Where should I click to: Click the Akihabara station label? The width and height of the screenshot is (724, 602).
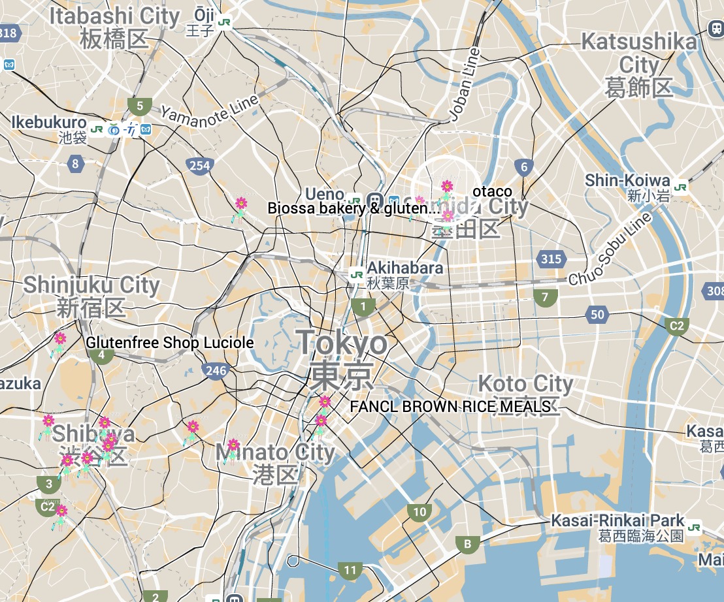coord(404,268)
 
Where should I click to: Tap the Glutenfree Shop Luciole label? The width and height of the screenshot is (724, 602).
coord(170,343)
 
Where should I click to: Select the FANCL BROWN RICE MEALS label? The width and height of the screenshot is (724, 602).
coord(450,407)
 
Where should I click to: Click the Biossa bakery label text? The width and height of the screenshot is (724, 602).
coord(354,209)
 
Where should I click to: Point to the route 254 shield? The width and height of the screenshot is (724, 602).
coord(199,166)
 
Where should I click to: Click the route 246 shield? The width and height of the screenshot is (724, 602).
coord(216,371)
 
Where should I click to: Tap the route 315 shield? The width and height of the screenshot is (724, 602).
coord(551,259)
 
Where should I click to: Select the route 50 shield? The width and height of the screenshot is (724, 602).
coord(597,315)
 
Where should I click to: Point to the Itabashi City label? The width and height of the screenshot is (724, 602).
coord(114,17)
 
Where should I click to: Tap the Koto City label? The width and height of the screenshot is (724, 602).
coord(525,383)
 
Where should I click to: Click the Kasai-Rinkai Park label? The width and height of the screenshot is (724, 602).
coord(617,521)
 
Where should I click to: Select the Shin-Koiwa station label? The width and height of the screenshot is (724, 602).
coord(627,181)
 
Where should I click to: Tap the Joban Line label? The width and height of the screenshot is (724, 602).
coord(465,85)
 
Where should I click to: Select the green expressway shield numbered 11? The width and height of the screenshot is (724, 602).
coord(350,570)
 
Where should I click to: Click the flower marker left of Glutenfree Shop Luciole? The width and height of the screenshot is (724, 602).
coord(59,340)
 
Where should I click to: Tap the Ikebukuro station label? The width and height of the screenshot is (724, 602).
coord(49,123)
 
